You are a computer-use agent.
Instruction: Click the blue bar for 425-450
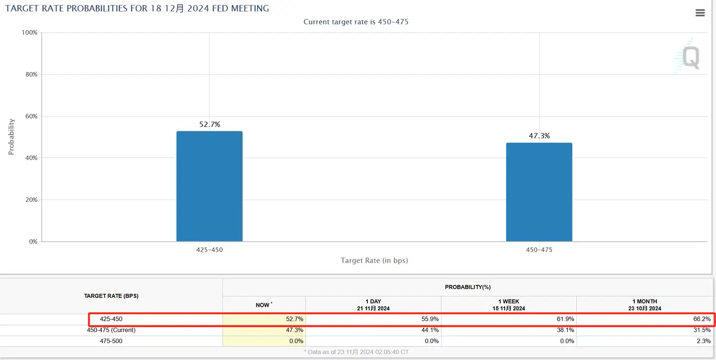tap(209, 186)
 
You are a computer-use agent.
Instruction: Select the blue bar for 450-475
tap(539, 192)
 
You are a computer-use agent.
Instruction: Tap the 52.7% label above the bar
tap(209, 124)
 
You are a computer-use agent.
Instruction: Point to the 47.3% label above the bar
tap(539, 136)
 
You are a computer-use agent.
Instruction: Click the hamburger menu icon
tap(700, 13)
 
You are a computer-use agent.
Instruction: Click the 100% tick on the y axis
tap(29, 32)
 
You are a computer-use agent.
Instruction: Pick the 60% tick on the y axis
tap(31, 116)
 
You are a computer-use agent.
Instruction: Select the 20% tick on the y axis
tap(31, 200)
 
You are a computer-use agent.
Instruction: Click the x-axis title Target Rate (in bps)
tap(374, 261)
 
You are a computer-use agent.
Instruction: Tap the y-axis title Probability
tap(11, 137)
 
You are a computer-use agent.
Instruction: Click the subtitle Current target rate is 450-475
tap(356, 22)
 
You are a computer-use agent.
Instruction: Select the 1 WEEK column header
tap(509, 305)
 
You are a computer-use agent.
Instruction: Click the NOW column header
tap(264, 305)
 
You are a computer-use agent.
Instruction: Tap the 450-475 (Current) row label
tap(111, 330)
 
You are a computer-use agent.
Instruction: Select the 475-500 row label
tap(111, 341)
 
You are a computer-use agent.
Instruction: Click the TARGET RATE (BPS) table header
tap(111, 296)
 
